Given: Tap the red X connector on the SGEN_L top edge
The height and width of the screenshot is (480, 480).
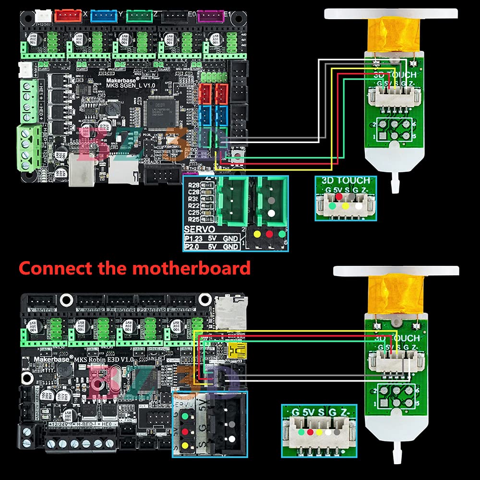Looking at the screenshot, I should (69, 16).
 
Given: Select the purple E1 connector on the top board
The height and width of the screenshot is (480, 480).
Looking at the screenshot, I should (210, 16).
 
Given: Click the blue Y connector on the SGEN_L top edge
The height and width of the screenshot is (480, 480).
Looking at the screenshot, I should (104, 16).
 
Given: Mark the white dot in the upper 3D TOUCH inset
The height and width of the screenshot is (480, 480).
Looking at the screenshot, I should (359, 206).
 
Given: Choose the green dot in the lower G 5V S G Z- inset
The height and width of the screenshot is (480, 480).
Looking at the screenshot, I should (300, 432).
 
